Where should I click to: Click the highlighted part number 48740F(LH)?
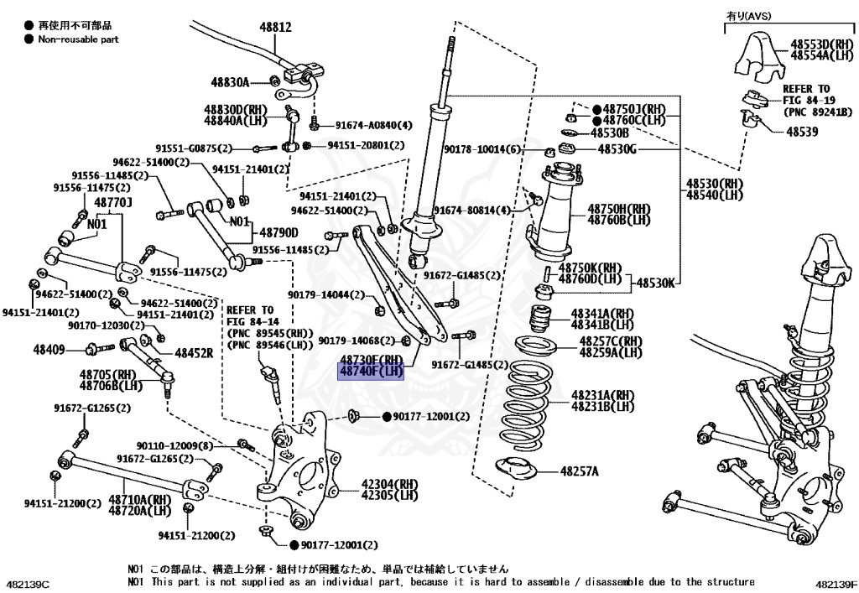pos(371,372)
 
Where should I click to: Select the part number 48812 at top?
pos(275,27)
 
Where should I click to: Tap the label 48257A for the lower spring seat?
pos(580,471)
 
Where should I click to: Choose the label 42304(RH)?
pos(390,484)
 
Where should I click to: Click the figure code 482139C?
pos(28,583)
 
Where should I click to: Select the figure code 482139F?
pos(834,583)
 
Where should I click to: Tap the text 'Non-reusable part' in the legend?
pos(79,39)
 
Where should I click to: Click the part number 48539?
pos(804,132)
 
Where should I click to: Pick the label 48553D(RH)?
pos(821,44)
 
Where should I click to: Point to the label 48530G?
pos(617,149)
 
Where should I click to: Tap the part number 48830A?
pos(231,81)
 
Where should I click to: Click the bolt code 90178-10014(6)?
pos(482,149)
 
